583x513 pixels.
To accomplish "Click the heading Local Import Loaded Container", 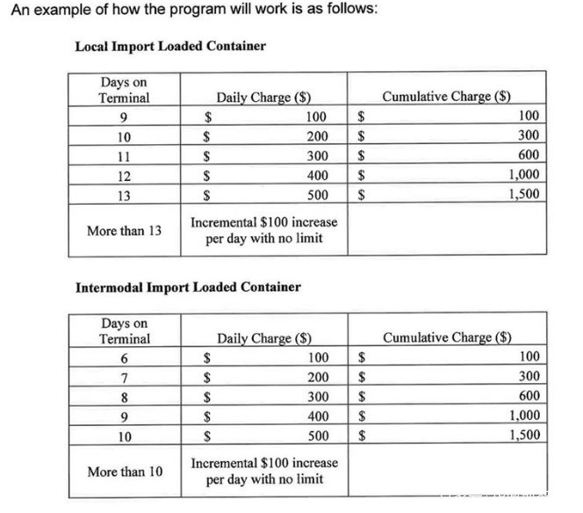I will coord(170,46).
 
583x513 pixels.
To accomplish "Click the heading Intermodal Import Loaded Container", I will coord(188,286).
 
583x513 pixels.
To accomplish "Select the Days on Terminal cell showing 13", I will coord(124,195).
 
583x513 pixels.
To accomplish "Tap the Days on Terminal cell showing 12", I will coord(124,176).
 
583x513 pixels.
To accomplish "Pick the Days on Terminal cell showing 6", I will coord(124,358).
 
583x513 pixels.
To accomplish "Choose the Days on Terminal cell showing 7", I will coord(124,377).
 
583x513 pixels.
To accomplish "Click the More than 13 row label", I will coord(124,231).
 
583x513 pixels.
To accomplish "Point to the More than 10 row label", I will coord(124,472).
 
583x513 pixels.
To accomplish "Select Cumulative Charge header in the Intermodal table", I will coord(448,337).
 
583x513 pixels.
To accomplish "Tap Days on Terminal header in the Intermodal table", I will coord(124,331).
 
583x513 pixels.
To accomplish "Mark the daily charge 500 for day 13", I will coord(317,195).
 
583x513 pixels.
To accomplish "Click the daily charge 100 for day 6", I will coord(317,358).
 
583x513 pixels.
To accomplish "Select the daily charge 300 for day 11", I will coord(317,156).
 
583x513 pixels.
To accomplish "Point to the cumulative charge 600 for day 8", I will coord(529,396).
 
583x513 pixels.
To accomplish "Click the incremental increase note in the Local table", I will coord(263,230).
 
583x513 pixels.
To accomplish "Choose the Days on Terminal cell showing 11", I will coord(124,156).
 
